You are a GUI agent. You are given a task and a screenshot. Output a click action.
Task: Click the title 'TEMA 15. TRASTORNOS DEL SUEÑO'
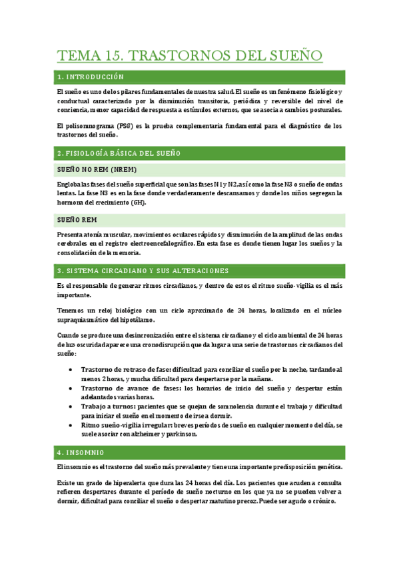pyautogui.click(x=190, y=55)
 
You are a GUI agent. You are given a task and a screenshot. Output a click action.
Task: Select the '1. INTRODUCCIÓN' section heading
pyautogui.click(x=91, y=77)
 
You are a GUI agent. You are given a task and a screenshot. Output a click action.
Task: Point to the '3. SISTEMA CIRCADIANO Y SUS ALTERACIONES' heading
pyautogui.click(x=143, y=271)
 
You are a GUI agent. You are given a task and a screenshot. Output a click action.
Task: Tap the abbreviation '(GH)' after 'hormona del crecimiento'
pyautogui.click(x=138, y=203)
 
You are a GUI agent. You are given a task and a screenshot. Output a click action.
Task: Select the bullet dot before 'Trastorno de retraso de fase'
pyautogui.click(x=71, y=369)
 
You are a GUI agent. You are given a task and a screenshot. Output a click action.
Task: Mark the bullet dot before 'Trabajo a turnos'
pyautogui.click(x=71, y=406)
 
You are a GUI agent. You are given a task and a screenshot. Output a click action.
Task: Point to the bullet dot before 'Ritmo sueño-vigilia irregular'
pyautogui.click(x=71, y=424)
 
